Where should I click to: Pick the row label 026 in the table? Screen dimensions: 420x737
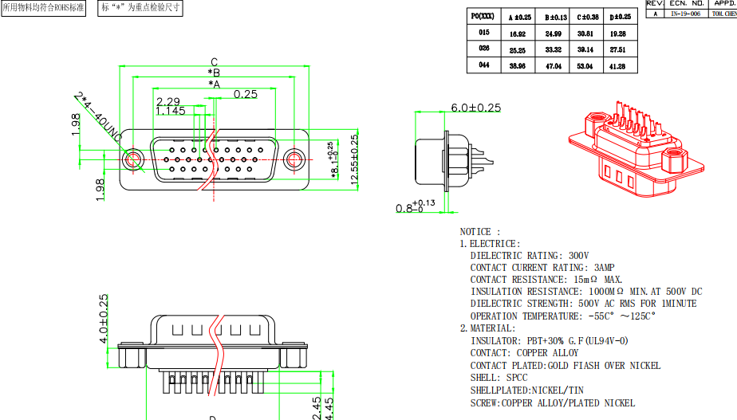point(484,49)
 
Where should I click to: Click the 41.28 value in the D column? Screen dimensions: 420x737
point(617,66)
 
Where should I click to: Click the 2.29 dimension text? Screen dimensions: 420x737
point(168,101)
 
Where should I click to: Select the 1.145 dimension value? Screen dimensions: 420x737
point(171,112)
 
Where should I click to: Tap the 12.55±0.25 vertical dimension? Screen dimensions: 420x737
point(354,159)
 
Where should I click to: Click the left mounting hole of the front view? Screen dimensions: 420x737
point(133,159)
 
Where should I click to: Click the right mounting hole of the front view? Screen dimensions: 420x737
point(296,159)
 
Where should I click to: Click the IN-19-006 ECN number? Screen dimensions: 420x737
point(684,14)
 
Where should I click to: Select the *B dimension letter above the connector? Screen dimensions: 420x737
point(214,73)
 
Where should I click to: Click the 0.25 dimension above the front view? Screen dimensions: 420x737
point(246,94)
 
